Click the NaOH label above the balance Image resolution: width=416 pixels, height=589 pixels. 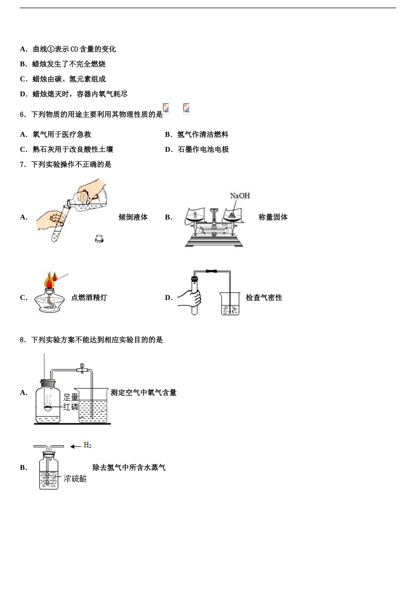[x=240, y=196]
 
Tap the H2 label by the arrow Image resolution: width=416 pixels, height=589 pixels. [x=88, y=445]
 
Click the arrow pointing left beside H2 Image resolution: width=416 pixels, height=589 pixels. [x=75, y=446]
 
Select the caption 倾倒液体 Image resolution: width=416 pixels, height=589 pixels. [x=133, y=217]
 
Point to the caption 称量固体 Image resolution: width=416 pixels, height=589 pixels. [x=273, y=217]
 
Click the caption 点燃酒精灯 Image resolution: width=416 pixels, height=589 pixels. [x=89, y=298]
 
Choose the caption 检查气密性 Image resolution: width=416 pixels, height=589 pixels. [x=264, y=298]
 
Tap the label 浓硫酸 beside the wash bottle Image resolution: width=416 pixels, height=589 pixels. [x=75, y=479]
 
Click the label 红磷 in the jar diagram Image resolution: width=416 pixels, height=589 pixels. [x=71, y=407]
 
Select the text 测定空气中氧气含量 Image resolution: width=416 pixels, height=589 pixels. [x=144, y=393]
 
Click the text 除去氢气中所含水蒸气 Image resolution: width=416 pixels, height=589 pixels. [x=129, y=468]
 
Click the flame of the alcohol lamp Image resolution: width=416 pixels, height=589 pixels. [x=50, y=280]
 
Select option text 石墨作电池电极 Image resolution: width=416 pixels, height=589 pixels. [x=203, y=149]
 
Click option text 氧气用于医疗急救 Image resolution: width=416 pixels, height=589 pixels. [x=62, y=135]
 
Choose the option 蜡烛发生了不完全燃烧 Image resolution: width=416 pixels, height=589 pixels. [x=69, y=64]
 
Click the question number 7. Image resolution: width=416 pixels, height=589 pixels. [x=22, y=164]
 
